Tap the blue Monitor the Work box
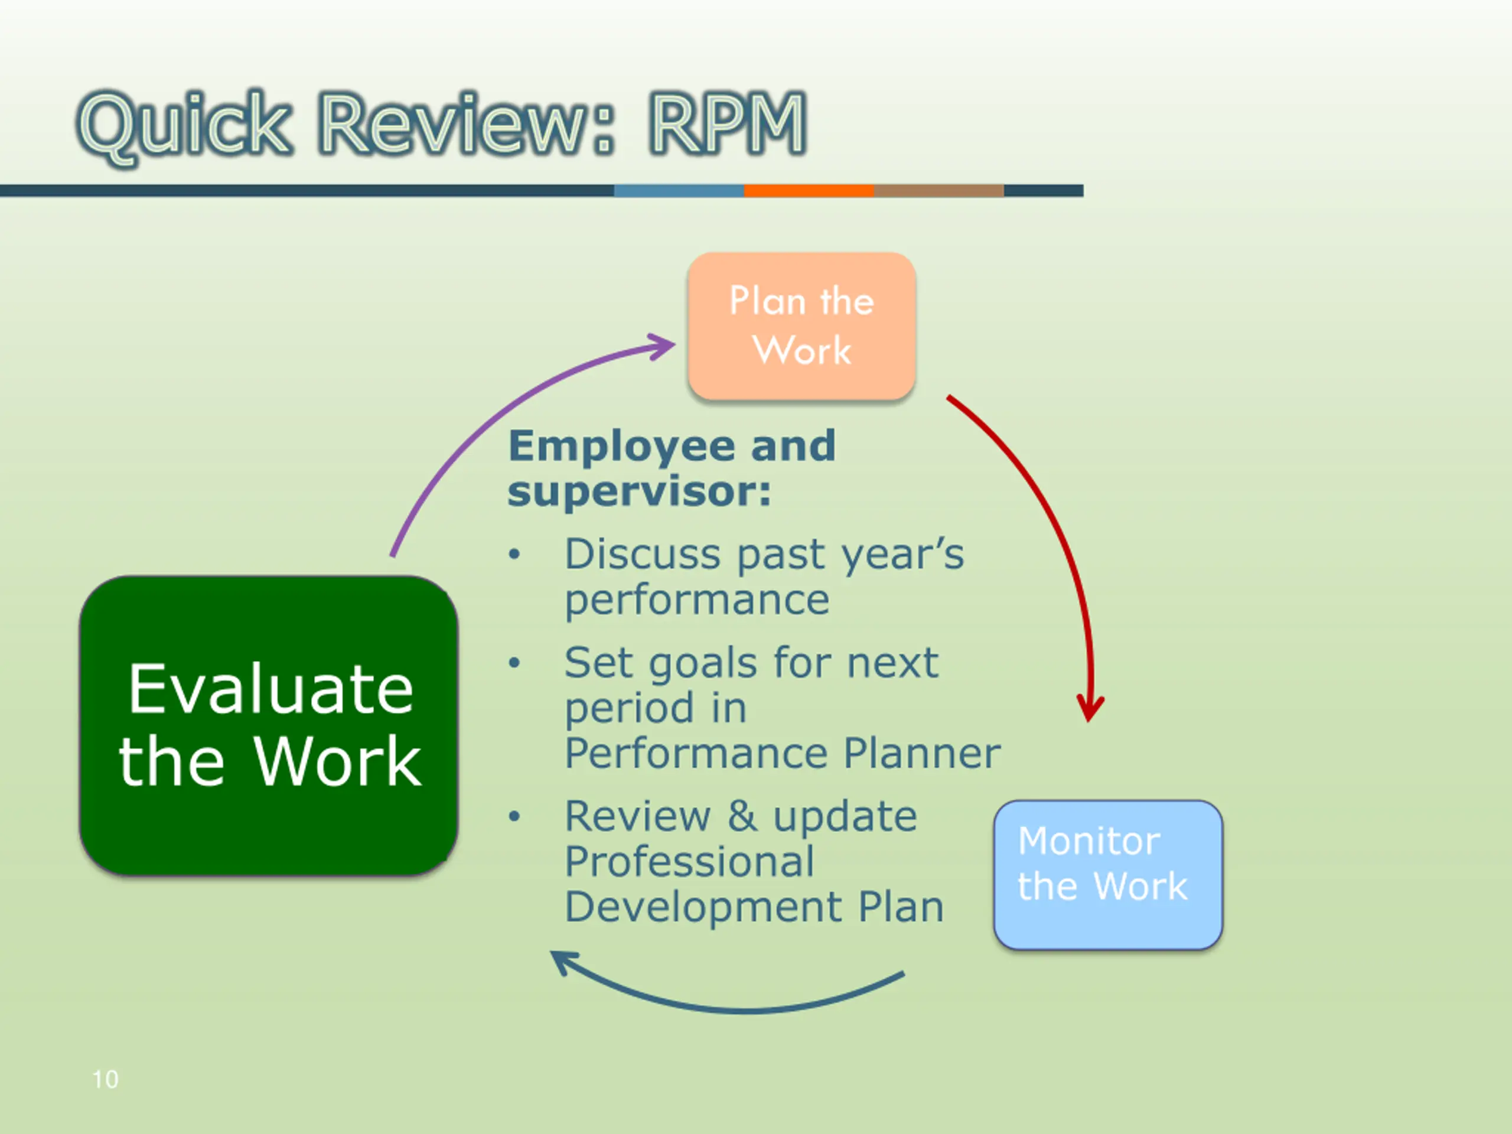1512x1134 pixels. pyautogui.click(x=1107, y=874)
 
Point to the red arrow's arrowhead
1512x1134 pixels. pyautogui.click(x=1090, y=708)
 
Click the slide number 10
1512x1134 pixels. pyautogui.click(x=105, y=1079)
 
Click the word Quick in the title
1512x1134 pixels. pyautogui.click(x=184, y=125)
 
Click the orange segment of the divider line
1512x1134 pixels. pyautogui.click(x=809, y=191)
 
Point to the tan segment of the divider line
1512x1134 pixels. pyautogui.click(x=939, y=191)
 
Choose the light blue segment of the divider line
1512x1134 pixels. pyautogui.click(x=679, y=191)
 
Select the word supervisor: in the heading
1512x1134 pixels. pyautogui.click(x=639, y=492)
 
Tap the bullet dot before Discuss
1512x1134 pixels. pyautogui.click(x=514, y=555)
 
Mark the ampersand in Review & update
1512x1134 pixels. pyautogui.click(x=742, y=816)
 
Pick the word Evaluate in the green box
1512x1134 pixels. pyautogui.click(x=271, y=689)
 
